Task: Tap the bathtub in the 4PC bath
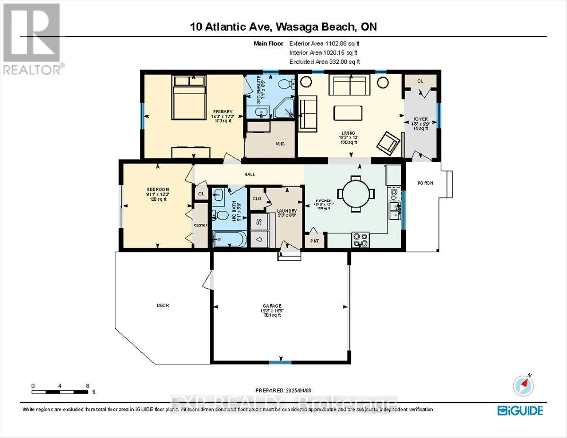click(x=228, y=241)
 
